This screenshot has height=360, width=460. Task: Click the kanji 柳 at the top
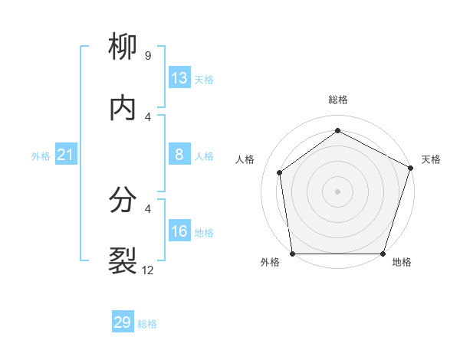pyautogui.click(x=123, y=47)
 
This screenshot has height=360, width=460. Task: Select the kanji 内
pyautogui.click(x=123, y=109)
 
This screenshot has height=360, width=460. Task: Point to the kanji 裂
pyautogui.click(x=123, y=261)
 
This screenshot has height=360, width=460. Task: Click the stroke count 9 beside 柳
pyautogui.click(x=147, y=56)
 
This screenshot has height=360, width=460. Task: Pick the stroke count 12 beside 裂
pyautogui.click(x=148, y=270)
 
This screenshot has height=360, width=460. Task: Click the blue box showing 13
pyautogui.click(x=179, y=78)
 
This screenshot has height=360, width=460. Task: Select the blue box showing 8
pyautogui.click(x=179, y=155)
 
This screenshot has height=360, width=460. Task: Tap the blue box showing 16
pyautogui.click(x=179, y=231)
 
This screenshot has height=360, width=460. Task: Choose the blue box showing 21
pyautogui.click(x=66, y=155)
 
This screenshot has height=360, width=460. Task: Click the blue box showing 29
pyautogui.click(x=123, y=322)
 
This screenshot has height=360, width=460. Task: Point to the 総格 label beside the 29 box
pyautogui.click(x=147, y=324)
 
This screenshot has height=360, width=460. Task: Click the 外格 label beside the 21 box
pyautogui.click(x=41, y=156)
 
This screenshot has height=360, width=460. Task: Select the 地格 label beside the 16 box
pyautogui.click(x=204, y=233)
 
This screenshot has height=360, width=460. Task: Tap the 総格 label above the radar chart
pyautogui.click(x=337, y=100)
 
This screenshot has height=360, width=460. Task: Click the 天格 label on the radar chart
pyautogui.click(x=432, y=159)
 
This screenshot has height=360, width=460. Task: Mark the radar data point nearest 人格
pyautogui.click(x=281, y=172)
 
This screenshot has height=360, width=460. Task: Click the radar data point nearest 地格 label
pyautogui.click(x=382, y=254)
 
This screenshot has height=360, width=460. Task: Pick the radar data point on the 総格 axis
pyautogui.click(x=337, y=131)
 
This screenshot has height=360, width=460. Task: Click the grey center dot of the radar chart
pyautogui.click(x=337, y=191)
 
